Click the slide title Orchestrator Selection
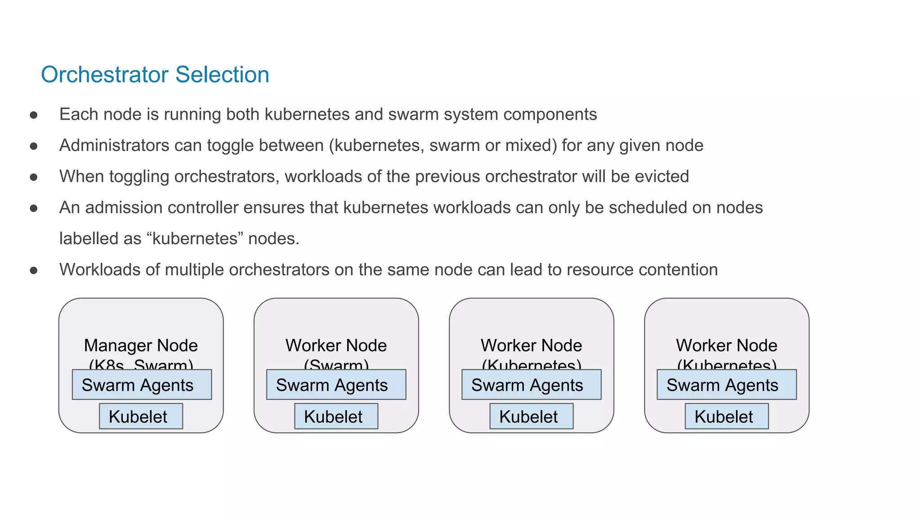coord(155,75)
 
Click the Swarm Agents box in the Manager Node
coord(142,385)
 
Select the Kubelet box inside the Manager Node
coord(141,416)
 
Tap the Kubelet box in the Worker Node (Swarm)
coord(336,416)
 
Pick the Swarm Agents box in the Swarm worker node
coord(336,385)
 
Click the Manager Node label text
coord(141,345)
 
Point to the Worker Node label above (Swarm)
coord(336,345)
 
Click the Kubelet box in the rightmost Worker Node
coord(726,416)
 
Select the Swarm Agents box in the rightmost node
coord(726,385)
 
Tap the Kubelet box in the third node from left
coord(531,416)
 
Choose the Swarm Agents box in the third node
coord(531,385)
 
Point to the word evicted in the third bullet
coord(662,177)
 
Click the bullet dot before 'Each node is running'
coord(34,115)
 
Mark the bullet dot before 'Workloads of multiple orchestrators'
coord(34,270)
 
